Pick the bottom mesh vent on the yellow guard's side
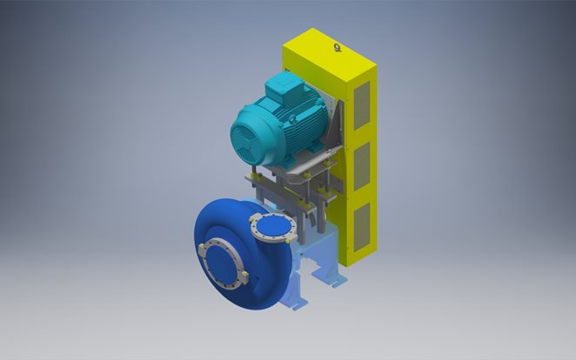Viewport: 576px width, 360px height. tap(362, 222)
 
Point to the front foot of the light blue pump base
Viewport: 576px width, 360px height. tap(296, 304)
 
